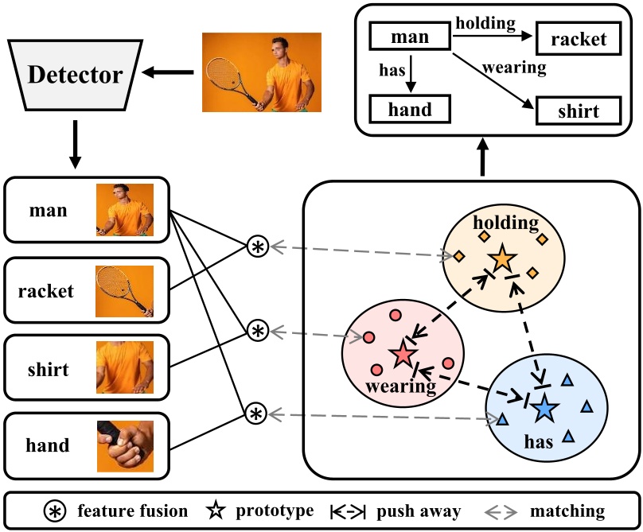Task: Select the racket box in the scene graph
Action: (578, 37)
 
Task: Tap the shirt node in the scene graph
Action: (578, 111)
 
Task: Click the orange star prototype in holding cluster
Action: (503, 258)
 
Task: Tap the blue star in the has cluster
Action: (544, 408)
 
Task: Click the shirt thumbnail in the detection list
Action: (125, 368)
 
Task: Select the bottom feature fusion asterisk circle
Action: (255, 414)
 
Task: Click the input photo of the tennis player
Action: (261, 72)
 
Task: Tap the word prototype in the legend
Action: (273, 511)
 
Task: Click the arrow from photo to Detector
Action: (168, 75)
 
